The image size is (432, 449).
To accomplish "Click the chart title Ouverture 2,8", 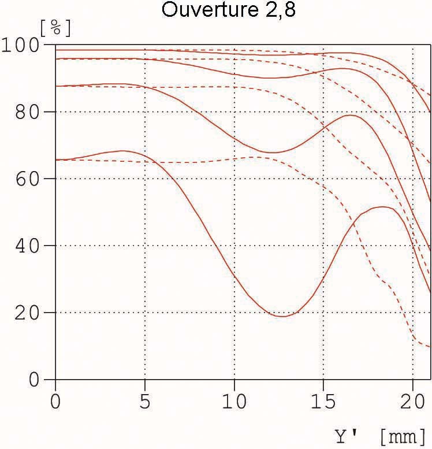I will click(228, 10).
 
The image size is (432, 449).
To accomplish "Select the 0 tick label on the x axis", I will click(55, 400).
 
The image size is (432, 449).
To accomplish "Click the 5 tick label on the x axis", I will click(144, 400).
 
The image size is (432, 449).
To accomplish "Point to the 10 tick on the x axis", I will click(234, 400).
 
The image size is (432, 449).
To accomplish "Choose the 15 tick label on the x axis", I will click(323, 400).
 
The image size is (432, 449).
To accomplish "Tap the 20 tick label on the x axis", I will click(412, 400).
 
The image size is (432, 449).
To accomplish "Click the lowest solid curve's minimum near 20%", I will click(282, 316).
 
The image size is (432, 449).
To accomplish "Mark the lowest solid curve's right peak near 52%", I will click(382, 207).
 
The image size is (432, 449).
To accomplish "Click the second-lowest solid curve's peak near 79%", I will click(351, 115).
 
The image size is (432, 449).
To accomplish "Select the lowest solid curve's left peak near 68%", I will click(122, 151).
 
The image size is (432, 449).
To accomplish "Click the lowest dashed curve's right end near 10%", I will click(430, 347).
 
